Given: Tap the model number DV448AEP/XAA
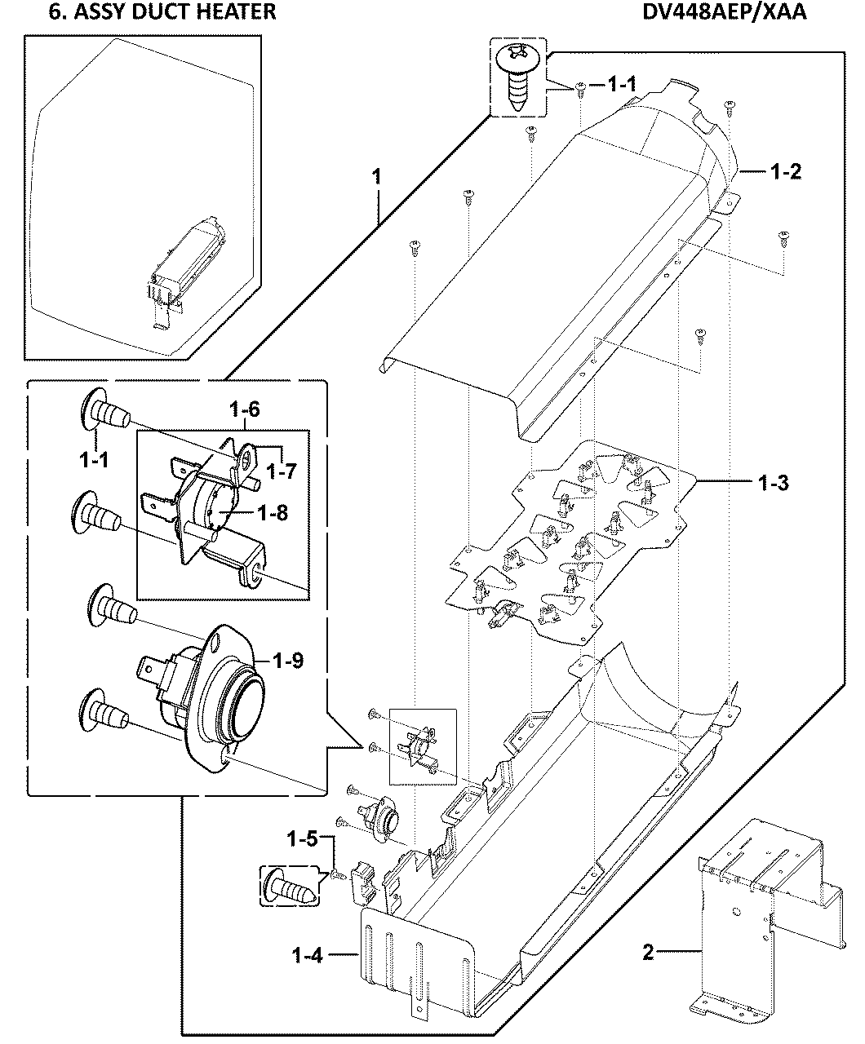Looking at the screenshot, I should pos(739,11).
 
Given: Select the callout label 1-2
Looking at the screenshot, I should pos(786,171).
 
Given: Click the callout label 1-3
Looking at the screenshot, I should pos(771,482).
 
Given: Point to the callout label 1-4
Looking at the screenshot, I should pos(308,955).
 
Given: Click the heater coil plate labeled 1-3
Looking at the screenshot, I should pos(571,538).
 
